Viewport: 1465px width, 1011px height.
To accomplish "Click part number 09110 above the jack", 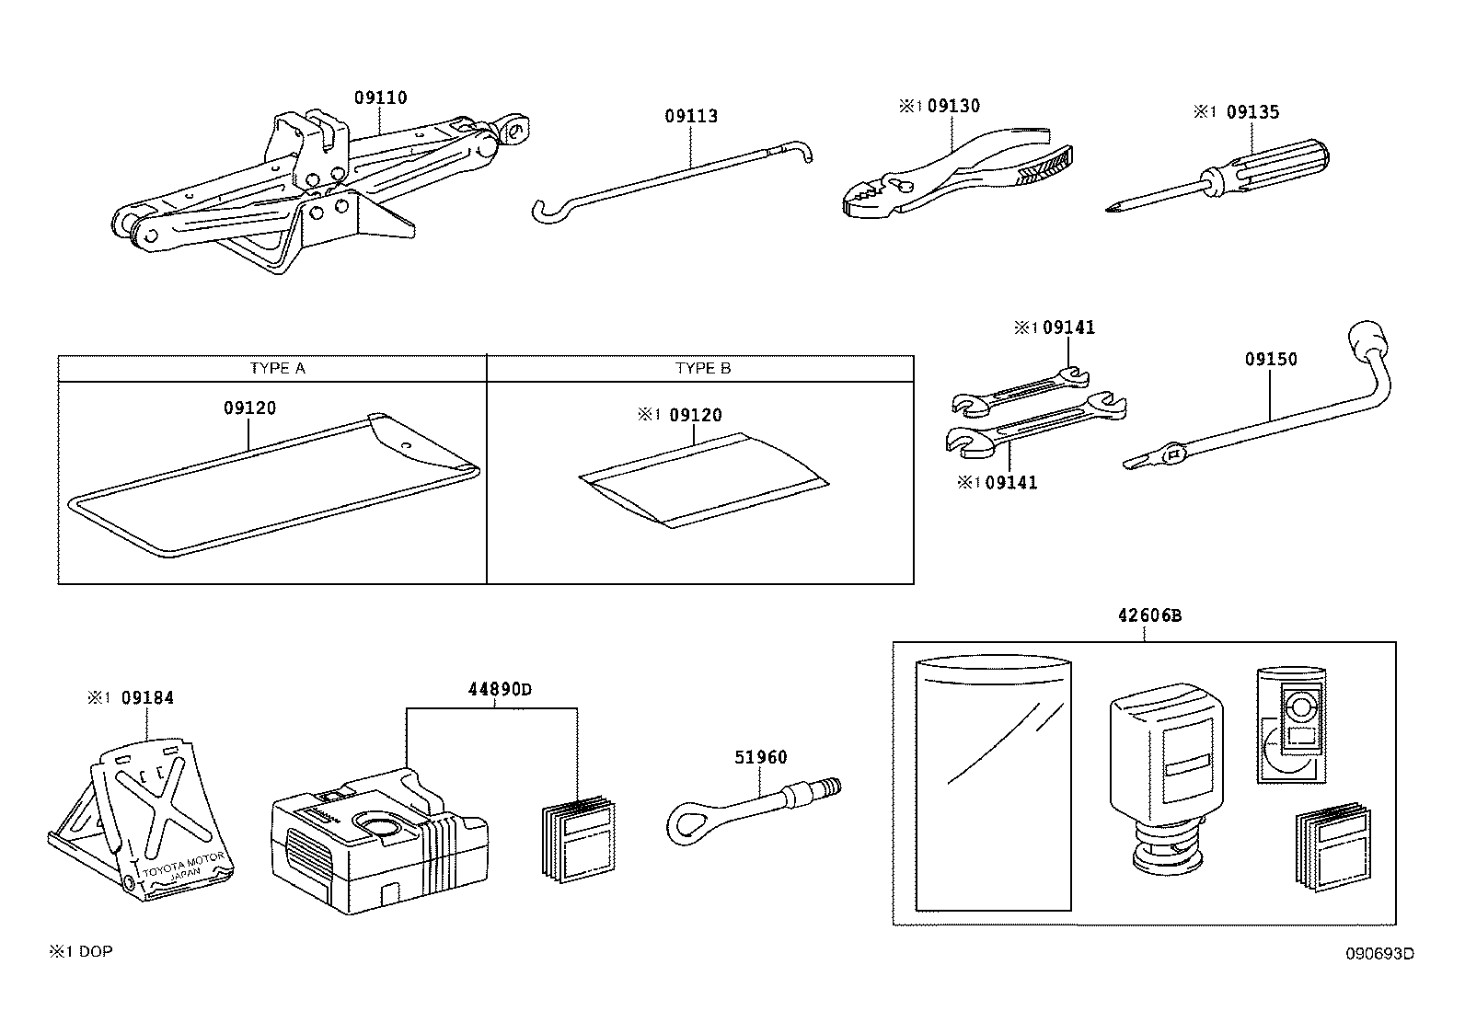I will coord(380,98).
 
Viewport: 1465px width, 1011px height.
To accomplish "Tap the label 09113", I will coord(691,116).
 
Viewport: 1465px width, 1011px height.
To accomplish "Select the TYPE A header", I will coord(277,368).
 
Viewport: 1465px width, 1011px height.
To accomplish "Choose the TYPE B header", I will coord(702,368).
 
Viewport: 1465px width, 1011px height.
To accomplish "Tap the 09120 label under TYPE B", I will coord(695,415).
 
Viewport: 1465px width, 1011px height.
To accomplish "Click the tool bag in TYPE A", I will coord(276,488).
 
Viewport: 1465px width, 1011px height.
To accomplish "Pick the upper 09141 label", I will coord(1068,327).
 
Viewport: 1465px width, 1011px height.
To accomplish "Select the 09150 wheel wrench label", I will coord(1271,359).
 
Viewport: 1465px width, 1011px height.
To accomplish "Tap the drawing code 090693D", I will coord(1380,953).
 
